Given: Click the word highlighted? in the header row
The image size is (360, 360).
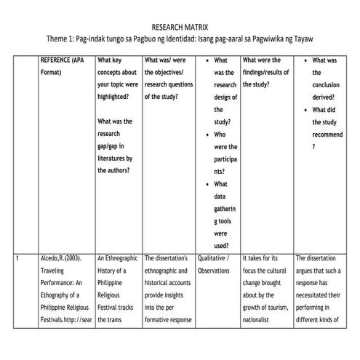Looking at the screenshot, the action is pyautogui.click(x=116, y=97).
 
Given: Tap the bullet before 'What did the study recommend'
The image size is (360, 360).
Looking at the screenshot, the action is pyautogui.click(x=305, y=110).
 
